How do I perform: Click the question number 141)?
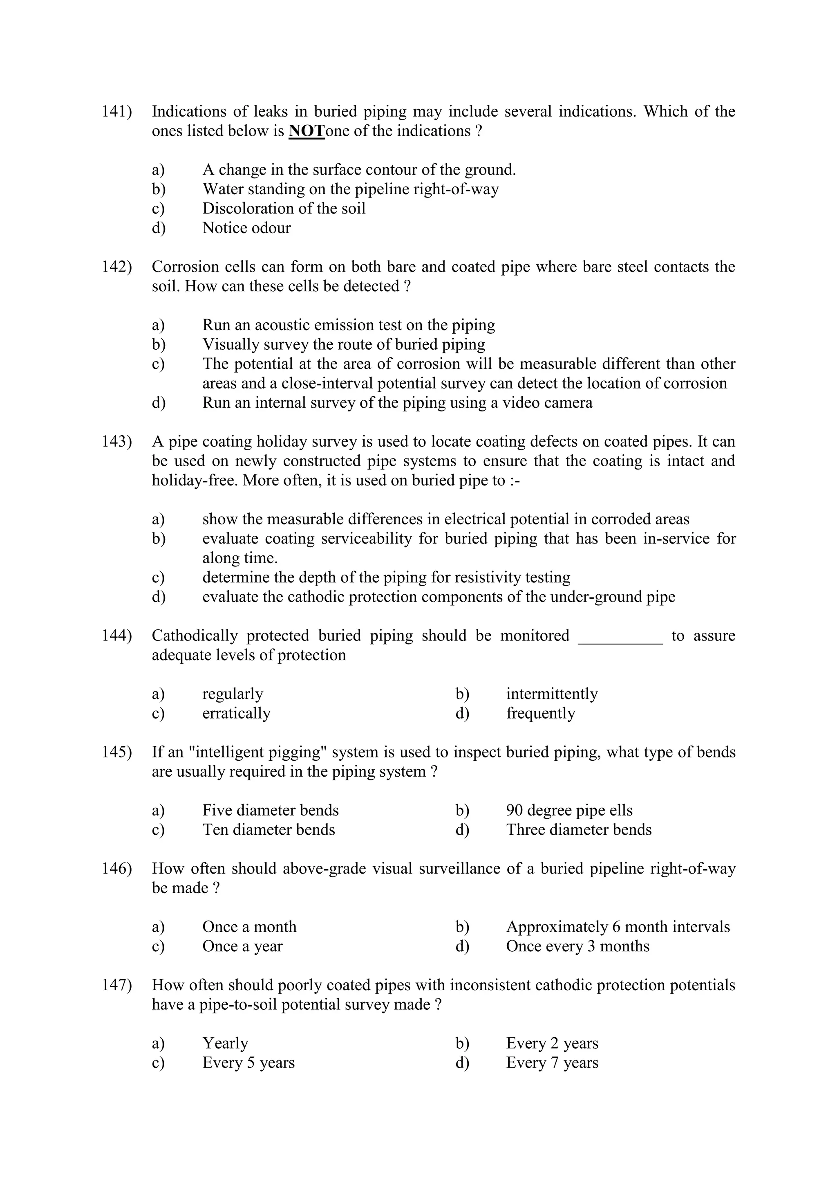pyautogui.click(x=116, y=111)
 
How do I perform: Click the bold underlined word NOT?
pyautogui.click(x=306, y=131)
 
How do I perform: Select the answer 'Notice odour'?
pyautogui.click(x=246, y=227)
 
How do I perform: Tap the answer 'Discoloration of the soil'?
pyautogui.click(x=284, y=208)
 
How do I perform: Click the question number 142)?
pyautogui.click(x=116, y=267)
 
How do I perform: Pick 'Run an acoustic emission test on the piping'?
pyautogui.click(x=348, y=325)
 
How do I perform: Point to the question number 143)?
pyautogui.click(x=116, y=441)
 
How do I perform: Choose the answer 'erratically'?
pyautogui.click(x=236, y=713)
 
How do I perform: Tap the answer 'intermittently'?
pyautogui.click(x=551, y=694)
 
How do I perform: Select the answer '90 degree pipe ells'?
pyautogui.click(x=569, y=810)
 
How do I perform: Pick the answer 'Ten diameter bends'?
pyautogui.click(x=269, y=830)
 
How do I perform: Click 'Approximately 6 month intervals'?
pyautogui.click(x=618, y=927)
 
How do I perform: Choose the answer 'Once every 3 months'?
pyautogui.click(x=577, y=946)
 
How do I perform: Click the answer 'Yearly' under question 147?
pyautogui.click(x=225, y=1043)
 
